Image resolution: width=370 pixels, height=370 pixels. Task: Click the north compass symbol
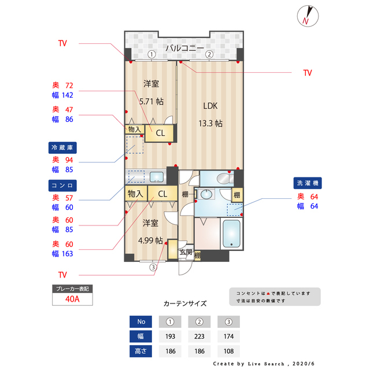pos(308,16)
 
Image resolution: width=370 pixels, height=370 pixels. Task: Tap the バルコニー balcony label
pos(185,49)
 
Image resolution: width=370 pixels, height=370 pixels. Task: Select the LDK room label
pos(210,106)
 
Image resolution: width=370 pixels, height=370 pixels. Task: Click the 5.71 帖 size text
pos(151,102)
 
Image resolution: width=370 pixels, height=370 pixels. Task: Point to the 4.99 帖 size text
pos(150,240)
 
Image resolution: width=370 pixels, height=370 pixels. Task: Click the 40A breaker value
pos(72,299)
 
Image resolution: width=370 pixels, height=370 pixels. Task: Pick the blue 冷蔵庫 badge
pos(62,148)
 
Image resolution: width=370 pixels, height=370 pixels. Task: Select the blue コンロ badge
pos(62,186)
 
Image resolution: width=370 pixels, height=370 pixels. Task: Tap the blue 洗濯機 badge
pos(308,183)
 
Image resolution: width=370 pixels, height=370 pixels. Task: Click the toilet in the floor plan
pos(224,179)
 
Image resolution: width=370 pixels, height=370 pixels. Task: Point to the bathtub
pos(231,234)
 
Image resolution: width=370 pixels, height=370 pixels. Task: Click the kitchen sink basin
pos(157,177)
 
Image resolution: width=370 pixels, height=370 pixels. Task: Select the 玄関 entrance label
pos(186,252)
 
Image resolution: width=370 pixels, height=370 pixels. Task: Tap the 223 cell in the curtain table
pos(199,336)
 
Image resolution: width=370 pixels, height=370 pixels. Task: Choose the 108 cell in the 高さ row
pos(229,351)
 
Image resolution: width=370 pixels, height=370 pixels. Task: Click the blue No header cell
pos(140,321)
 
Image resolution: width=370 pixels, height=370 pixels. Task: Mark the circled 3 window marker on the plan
pos(153,267)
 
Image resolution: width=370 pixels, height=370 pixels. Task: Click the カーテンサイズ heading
pos(185,304)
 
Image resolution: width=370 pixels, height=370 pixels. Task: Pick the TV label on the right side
pos(308,73)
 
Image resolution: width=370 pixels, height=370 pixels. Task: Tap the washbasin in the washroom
pos(206,194)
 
